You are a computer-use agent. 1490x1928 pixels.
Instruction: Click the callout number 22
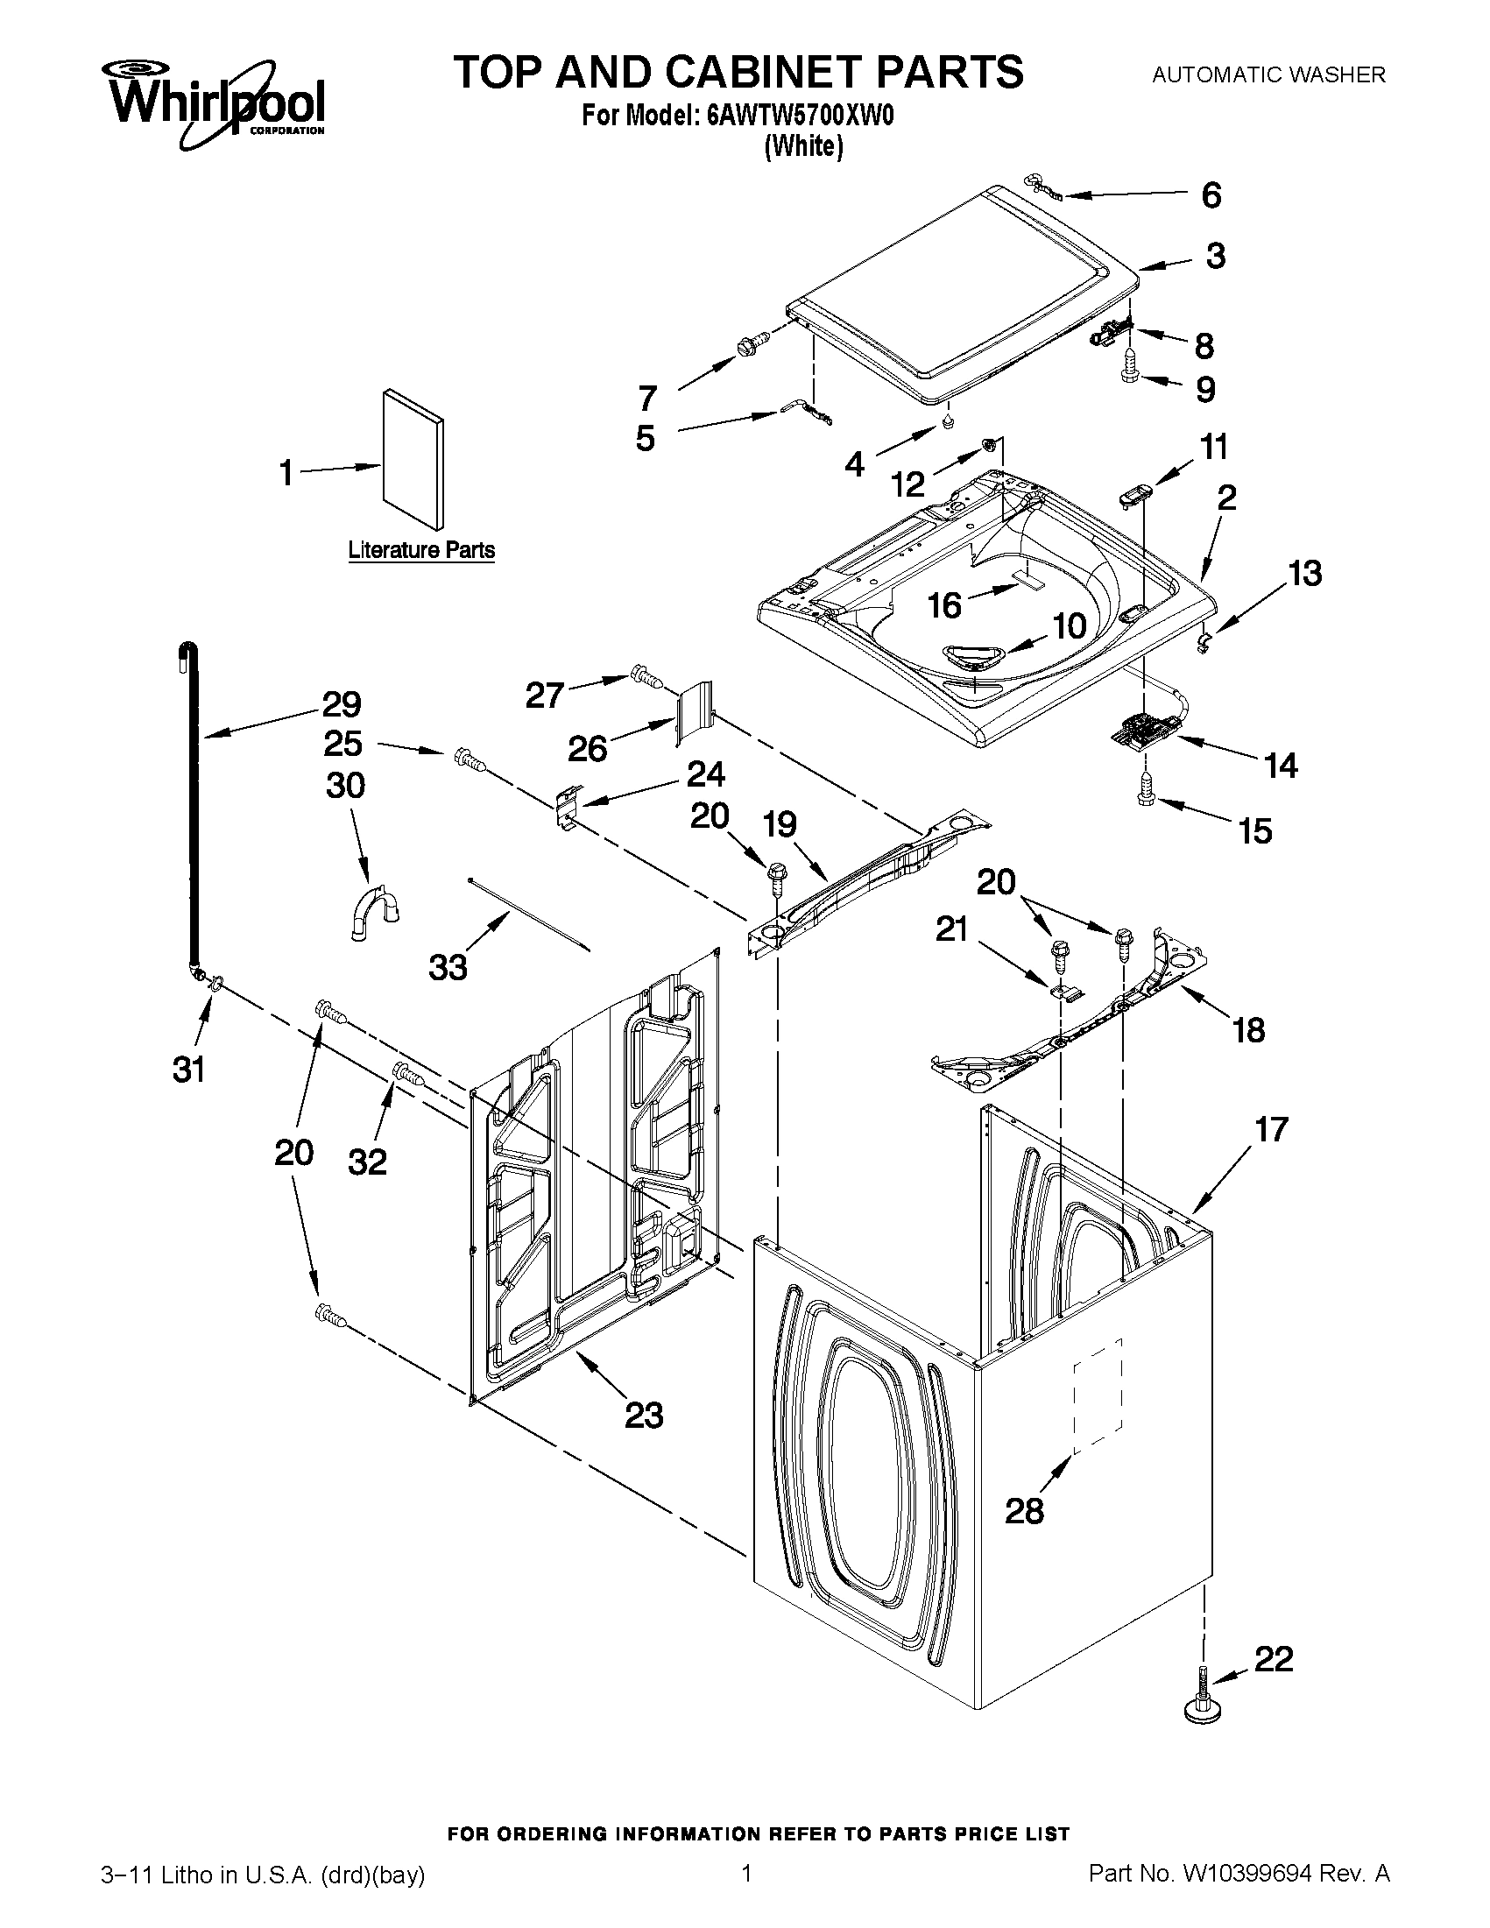[x=1273, y=1659]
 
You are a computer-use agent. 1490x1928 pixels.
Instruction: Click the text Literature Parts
[x=421, y=550]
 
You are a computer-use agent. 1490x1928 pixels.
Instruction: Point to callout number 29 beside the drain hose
[x=341, y=704]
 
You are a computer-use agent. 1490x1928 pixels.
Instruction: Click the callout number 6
[x=1211, y=195]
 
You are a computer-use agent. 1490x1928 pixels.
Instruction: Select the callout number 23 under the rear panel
[x=644, y=1415]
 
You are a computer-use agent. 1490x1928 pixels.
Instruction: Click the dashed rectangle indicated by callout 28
[x=1098, y=1395]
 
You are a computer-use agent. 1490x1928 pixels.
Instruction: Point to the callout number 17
[x=1271, y=1129]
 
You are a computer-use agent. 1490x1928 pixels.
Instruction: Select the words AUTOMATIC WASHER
[x=1268, y=76]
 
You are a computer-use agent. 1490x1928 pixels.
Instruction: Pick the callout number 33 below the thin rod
[x=448, y=968]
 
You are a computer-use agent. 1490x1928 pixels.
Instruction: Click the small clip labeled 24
[x=566, y=805]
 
